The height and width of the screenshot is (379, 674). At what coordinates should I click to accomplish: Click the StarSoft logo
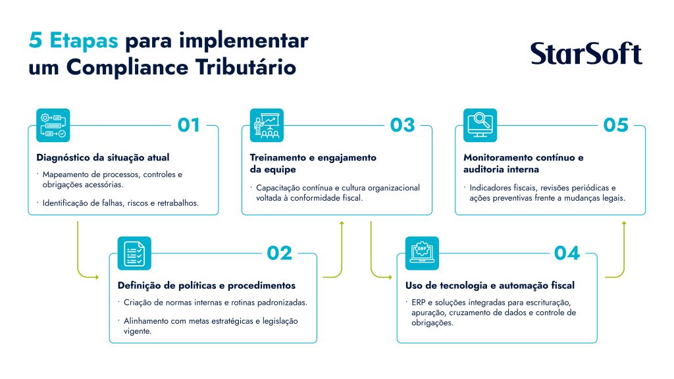[x=586, y=53]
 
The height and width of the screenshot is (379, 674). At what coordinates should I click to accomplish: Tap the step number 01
[x=189, y=125]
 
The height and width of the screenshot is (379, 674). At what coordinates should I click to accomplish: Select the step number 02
[x=279, y=253]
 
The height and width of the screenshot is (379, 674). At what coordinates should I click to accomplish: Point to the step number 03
[x=402, y=125]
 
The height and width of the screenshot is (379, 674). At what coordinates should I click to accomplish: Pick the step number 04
[x=567, y=253]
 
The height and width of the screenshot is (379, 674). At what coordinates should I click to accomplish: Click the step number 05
[x=615, y=125]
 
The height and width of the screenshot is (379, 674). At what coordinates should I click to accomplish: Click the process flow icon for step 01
[x=53, y=125]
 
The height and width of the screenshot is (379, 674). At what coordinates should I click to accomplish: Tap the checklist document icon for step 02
[x=134, y=253]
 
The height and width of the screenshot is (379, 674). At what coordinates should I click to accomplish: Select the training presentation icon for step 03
[x=267, y=125]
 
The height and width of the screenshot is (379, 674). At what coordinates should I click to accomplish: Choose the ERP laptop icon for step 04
[x=422, y=253]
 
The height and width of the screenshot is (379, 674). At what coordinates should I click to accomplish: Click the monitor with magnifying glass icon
[x=480, y=125]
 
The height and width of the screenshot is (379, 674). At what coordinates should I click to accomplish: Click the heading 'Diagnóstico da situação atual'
[x=103, y=158]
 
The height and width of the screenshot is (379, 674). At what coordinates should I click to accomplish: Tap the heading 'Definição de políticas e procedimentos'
[x=206, y=286]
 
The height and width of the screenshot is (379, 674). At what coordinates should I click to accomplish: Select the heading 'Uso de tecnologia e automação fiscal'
[x=490, y=286]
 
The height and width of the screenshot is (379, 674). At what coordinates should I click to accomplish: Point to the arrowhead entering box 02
[x=97, y=277]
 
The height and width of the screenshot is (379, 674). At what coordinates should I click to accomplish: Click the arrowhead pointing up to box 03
[x=342, y=224]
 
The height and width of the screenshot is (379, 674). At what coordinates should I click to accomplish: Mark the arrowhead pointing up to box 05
[x=624, y=224]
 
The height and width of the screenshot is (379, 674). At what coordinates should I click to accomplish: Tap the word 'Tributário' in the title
[x=246, y=68]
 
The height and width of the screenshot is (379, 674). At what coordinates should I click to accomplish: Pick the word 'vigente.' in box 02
[x=138, y=332]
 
